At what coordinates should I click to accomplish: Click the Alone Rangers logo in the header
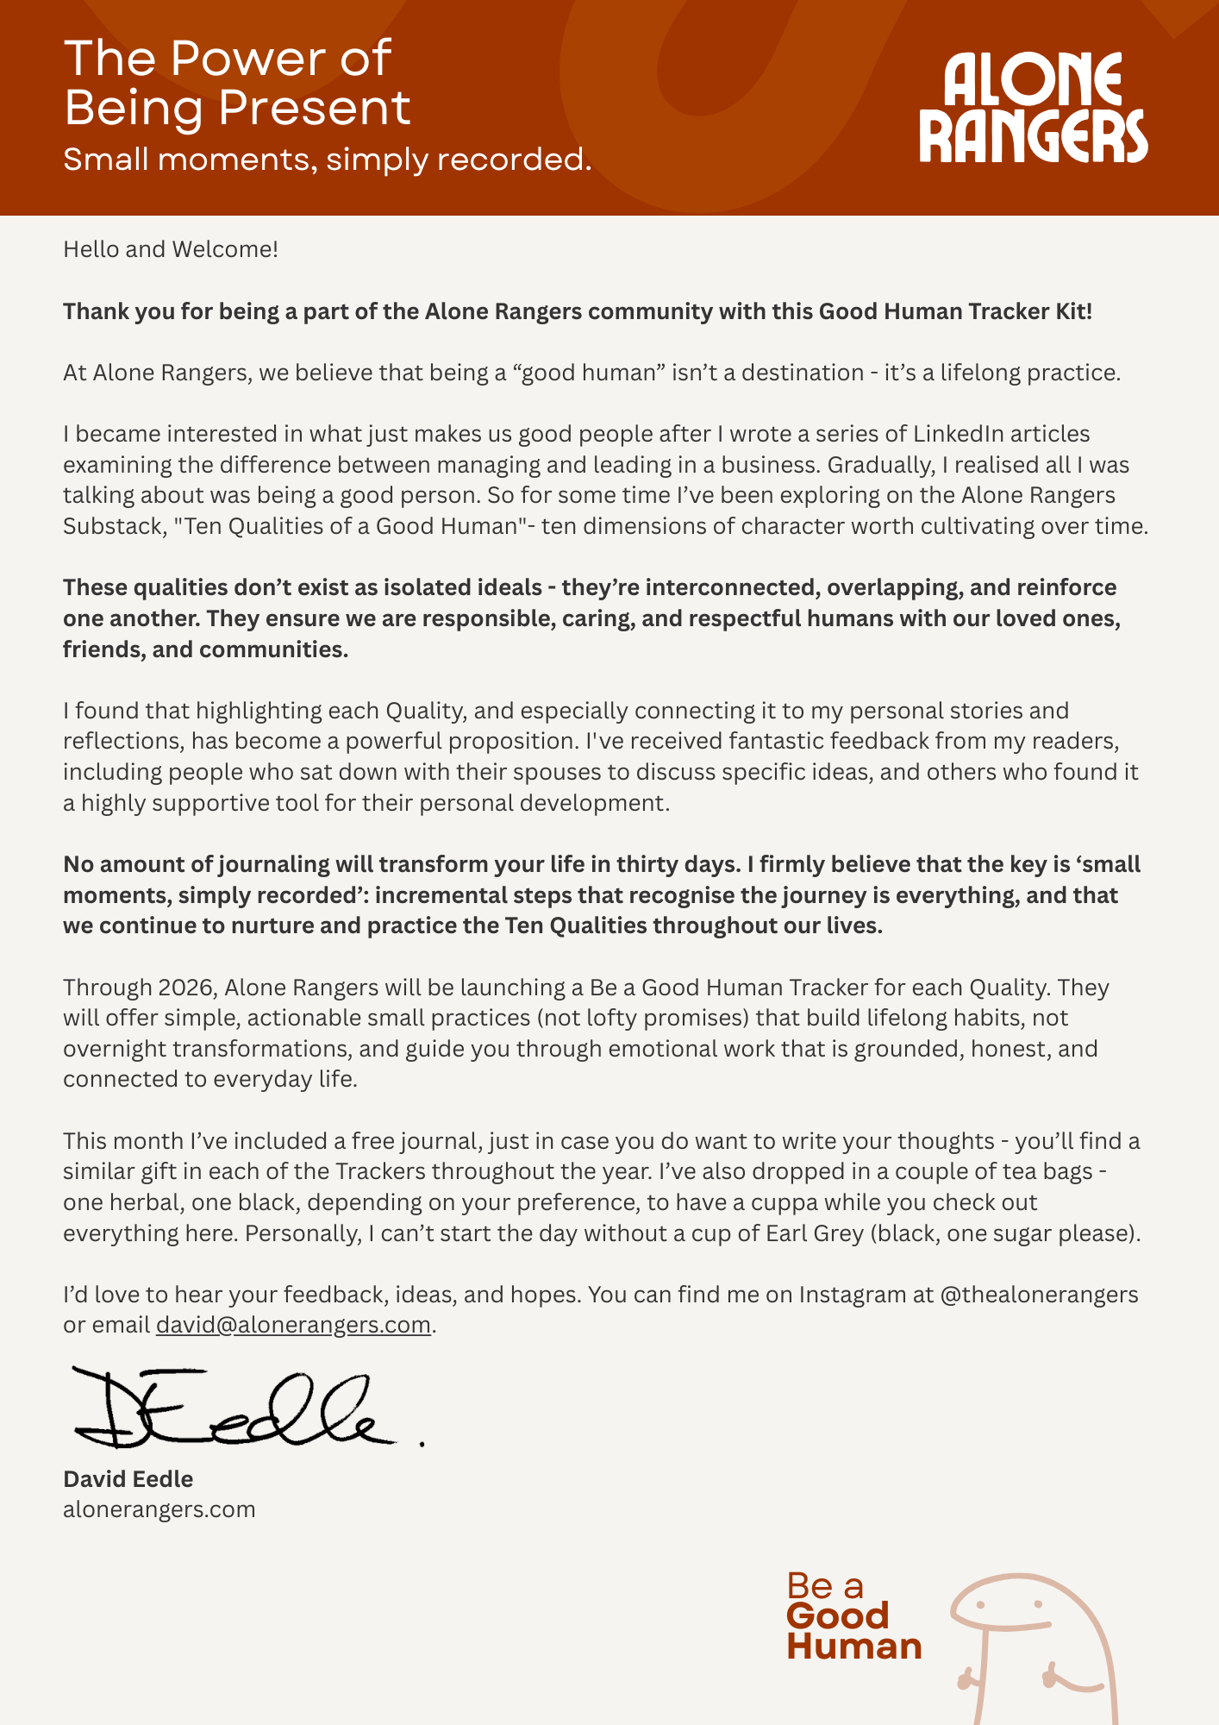click(1033, 108)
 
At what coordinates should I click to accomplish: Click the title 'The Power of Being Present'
click(237, 83)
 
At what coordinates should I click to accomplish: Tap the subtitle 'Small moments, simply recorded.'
click(328, 160)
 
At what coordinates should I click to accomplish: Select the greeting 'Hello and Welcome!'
click(171, 249)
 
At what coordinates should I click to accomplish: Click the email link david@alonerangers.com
click(293, 1325)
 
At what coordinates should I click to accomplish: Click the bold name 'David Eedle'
click(128, 1479)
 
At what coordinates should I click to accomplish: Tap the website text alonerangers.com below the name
click(159, 1509)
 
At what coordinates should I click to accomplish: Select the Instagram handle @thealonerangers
click(1040, 1295)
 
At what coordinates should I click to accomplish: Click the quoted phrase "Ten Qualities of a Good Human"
click(350, 526)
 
